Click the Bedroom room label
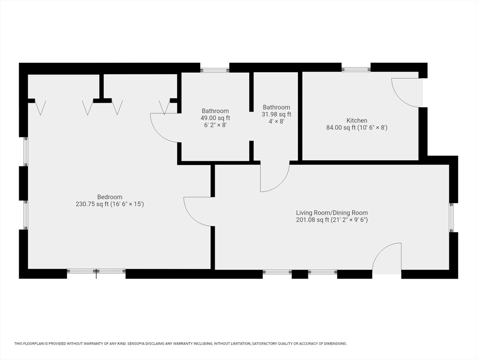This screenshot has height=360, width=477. [x=110, y=197]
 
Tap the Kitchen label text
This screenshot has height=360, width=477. [x=357, y=120]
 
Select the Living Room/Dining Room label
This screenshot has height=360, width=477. [x=332, y=213]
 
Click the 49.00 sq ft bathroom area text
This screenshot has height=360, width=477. [x=215, y=118]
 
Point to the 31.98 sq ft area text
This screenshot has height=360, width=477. [x=276, y=114]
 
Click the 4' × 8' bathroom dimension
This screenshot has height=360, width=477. [x=276, y=121]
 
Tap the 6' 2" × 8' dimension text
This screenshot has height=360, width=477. [x=215, y=125]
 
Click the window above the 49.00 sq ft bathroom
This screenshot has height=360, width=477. [x=215, y=70]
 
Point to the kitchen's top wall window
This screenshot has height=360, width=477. [x=356, y=69]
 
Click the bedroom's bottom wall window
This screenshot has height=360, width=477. [x=96, y=271]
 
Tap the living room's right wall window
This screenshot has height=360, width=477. [x=451, y=217]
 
